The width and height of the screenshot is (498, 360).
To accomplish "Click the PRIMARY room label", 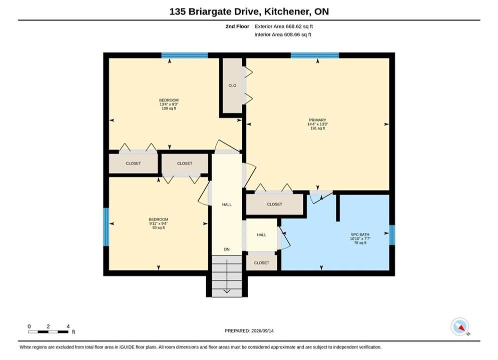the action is point(318,120).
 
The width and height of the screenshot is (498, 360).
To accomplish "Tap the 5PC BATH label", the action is point(360,234).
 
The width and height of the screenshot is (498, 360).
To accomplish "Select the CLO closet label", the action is point(232,85).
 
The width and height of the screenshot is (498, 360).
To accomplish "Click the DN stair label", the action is point(227,249).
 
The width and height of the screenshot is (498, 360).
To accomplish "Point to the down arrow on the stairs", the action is point(227,276).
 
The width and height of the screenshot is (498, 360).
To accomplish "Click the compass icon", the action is point(460,326).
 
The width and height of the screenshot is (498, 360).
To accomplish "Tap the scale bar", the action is point(48,332).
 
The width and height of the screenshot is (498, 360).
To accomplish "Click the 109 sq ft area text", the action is point(169,108).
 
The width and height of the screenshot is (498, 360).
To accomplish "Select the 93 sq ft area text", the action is point(159,227).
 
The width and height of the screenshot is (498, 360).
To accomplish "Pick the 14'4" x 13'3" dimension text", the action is point(318,124).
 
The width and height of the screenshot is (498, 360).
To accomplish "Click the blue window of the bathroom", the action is point(392,235).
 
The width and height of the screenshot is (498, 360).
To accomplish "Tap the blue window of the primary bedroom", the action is point(315,55).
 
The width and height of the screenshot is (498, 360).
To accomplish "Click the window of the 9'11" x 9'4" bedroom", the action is point(106,227).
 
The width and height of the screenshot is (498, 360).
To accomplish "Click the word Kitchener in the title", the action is point(286,11).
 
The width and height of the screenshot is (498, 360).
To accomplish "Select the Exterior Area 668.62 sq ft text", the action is point(284,26).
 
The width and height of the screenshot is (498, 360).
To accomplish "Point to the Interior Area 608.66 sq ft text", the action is point(283,34).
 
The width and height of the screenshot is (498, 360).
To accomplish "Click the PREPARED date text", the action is point(249,330).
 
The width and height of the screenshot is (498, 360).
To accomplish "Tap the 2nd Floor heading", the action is point(237,26).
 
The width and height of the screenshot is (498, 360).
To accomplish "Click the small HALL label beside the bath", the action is point(261,234).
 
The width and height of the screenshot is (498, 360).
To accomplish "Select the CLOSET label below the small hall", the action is point(261,262).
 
